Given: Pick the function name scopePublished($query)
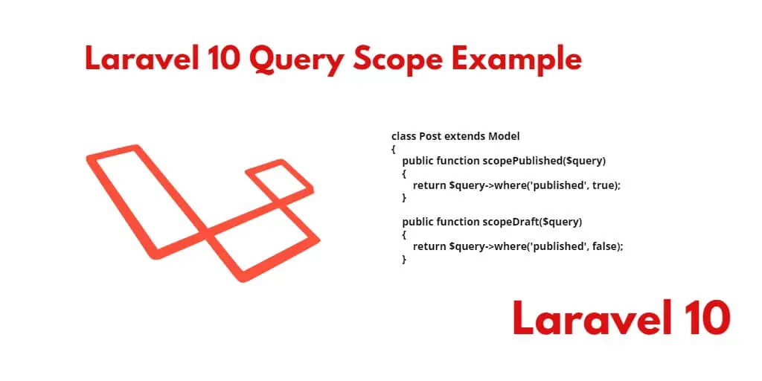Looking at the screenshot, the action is tap(544, 161).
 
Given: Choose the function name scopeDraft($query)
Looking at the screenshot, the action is tap(531, 222).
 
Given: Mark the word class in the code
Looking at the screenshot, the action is tap(404, 137).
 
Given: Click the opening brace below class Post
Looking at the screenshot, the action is tap(393, 149).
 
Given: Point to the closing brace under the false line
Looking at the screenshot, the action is tap(404, 260).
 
